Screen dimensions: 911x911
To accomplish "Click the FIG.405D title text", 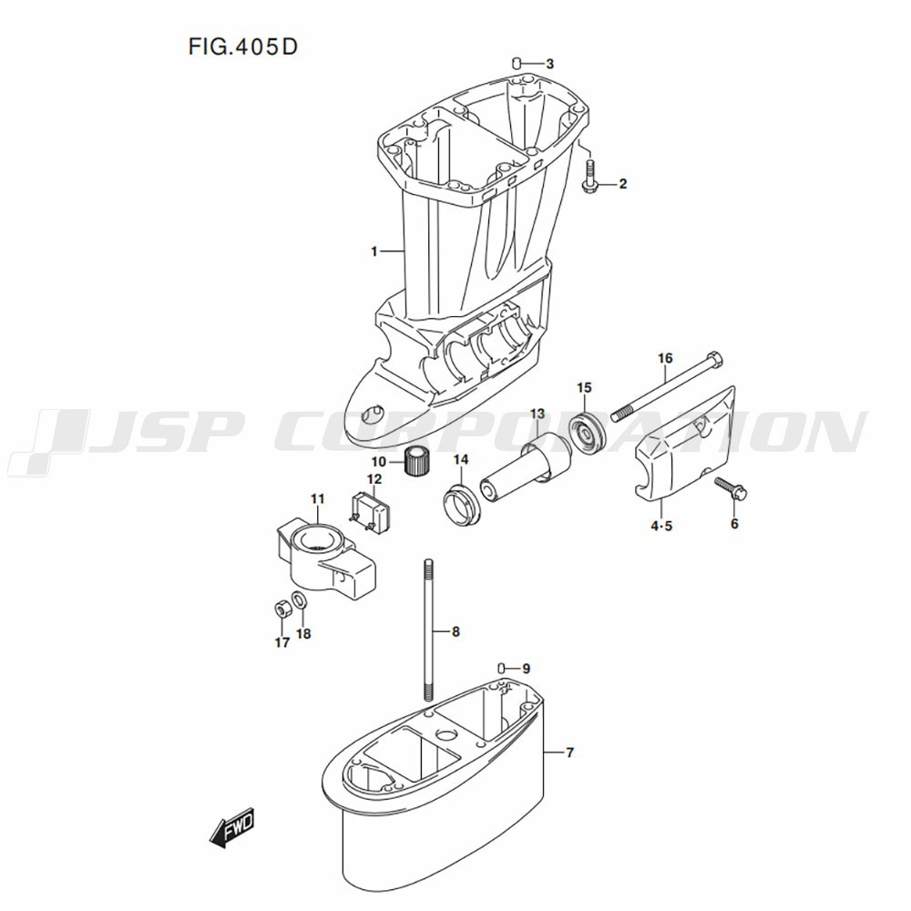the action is click(243, 46).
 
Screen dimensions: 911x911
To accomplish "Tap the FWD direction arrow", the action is click(231, 826).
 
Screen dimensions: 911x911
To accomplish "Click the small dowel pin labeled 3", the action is click(516, 62).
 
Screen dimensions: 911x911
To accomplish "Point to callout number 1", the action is click(374, 251).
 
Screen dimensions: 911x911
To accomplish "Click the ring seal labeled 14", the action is click(463, 505).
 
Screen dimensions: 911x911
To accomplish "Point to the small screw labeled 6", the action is click(731, 489).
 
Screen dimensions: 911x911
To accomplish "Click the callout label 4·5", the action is click(661, 527).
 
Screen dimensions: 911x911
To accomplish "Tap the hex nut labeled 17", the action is click(281, 609).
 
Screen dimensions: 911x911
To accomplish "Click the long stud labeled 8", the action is click(429, 630).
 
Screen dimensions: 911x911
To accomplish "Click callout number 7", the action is click(569, 753).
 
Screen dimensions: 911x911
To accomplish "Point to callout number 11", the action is click(317, 499).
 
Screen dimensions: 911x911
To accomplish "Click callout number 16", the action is click(665, 358).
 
